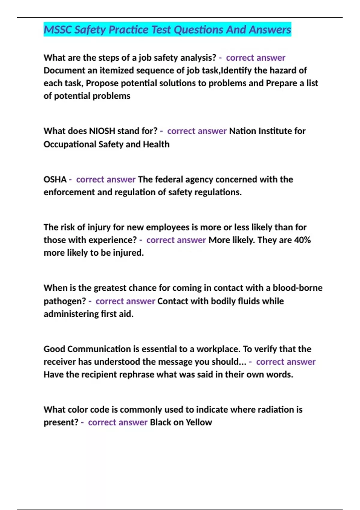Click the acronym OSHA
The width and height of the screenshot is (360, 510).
click(55, 179)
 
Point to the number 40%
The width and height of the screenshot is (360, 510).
click(302, 240)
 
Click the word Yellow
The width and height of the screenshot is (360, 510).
click(199, 422)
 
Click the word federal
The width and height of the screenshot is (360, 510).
click(169, 179)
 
